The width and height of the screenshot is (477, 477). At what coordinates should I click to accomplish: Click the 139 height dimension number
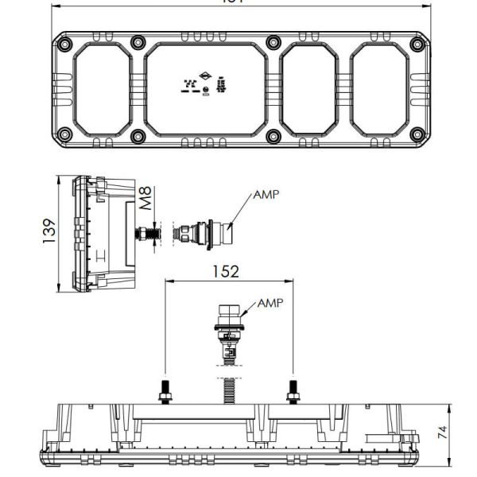pyautogui.click(x=48, y=235)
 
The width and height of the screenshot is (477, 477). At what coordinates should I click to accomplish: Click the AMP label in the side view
pyautogui.click(x=266, y=194)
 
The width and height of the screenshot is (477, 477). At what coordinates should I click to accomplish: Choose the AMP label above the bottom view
pyautogui.click(x=270, y=303)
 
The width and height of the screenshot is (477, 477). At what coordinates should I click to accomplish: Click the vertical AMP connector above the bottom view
pyautogui.click(x=228, y=326)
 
